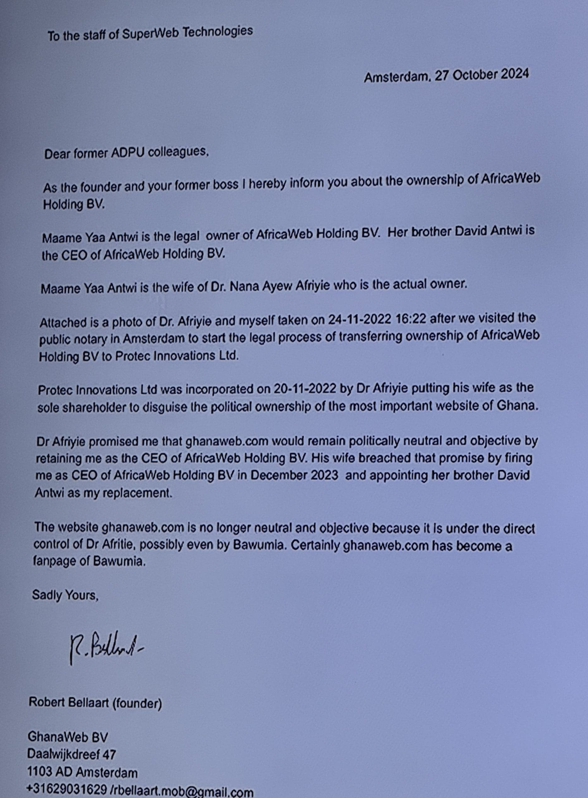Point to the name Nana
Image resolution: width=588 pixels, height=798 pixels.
(245, 286)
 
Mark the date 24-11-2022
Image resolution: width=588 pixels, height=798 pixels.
(360, 320)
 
